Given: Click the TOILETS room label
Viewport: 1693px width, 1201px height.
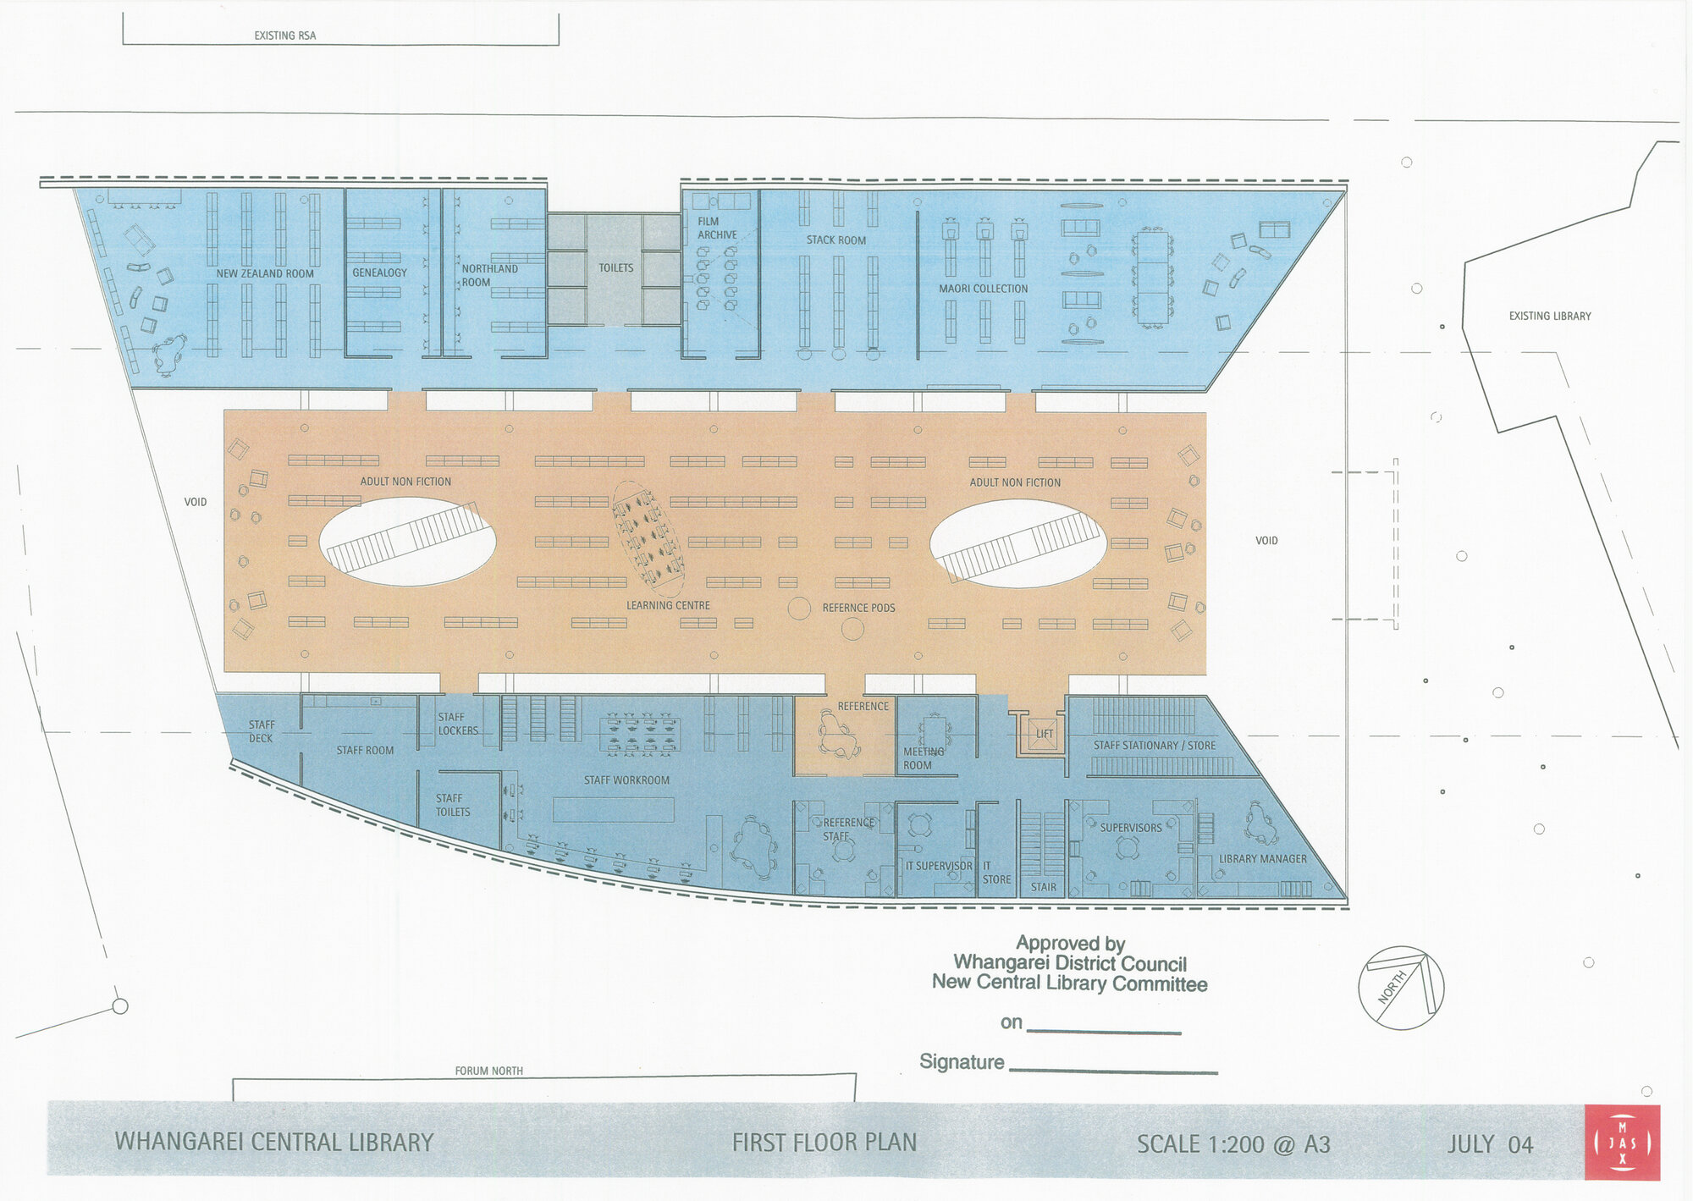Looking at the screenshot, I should click(615, 268).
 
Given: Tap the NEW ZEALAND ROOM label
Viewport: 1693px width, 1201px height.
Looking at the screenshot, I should click(264, 273).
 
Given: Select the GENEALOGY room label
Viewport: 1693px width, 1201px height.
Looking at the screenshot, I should click(379, 273).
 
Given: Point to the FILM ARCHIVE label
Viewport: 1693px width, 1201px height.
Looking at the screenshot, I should click(716, 229).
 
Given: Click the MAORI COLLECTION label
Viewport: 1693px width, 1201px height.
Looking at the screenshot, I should click(983, 289).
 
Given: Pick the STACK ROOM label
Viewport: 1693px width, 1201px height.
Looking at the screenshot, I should click(835, 240).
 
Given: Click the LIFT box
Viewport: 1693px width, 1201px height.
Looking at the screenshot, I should click(1045, 734).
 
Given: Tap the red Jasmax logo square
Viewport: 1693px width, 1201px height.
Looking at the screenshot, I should click(1622, 1142).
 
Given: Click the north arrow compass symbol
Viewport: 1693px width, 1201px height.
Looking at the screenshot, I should click(1401, 988).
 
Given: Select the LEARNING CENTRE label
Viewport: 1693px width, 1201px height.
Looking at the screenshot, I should click(668, 605).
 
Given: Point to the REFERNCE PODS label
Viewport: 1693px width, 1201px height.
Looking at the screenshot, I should click(858, 608).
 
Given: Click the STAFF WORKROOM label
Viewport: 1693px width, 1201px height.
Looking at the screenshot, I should click(626, 780).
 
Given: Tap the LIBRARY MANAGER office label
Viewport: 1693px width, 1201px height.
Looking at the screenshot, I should click(1262, 859).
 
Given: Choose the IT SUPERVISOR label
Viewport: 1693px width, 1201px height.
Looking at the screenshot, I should click(939, 866).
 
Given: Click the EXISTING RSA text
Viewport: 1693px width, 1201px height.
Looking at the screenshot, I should click(284, 36).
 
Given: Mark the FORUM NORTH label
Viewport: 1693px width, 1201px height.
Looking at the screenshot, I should click(488, 1071).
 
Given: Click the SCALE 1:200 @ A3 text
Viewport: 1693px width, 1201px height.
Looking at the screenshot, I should click(1233, 1144).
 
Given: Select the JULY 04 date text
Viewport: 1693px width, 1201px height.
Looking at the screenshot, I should click(1490, 1144).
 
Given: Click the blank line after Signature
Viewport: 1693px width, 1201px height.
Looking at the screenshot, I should click(1113, 1070).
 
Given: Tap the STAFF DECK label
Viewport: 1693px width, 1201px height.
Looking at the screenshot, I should click(261, 731).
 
